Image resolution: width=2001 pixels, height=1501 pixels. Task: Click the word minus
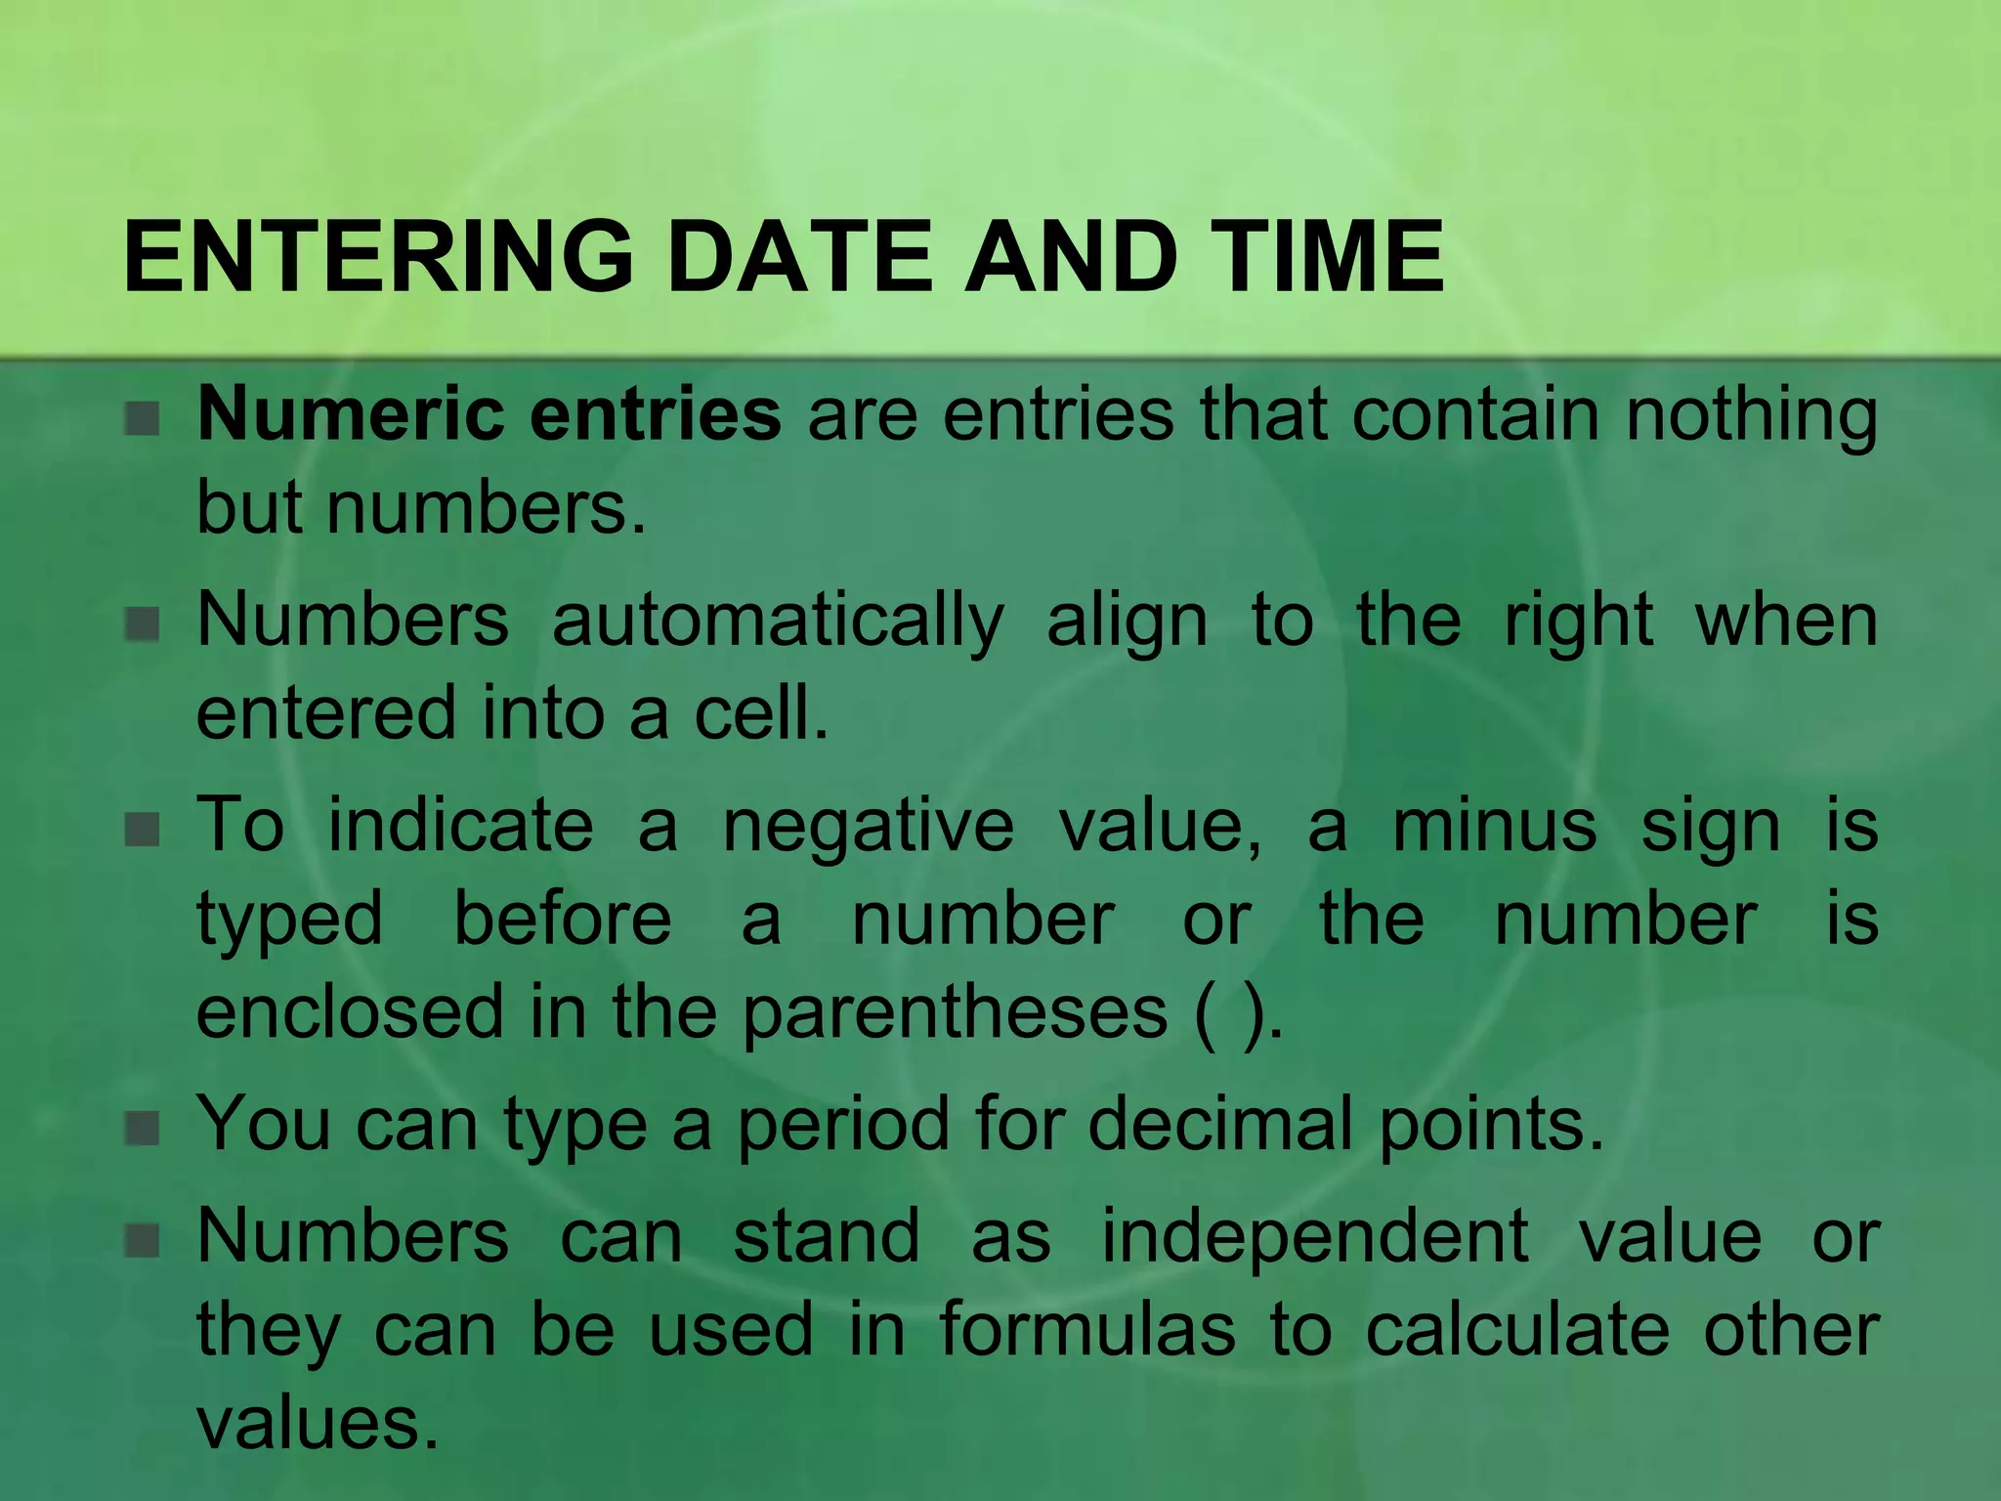click(1494, 826)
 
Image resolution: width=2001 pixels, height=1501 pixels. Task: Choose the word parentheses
click(955, 1014)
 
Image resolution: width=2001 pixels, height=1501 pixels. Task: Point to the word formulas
click(1087, 1329)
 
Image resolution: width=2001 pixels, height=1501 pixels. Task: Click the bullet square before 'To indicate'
click(143, 830)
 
